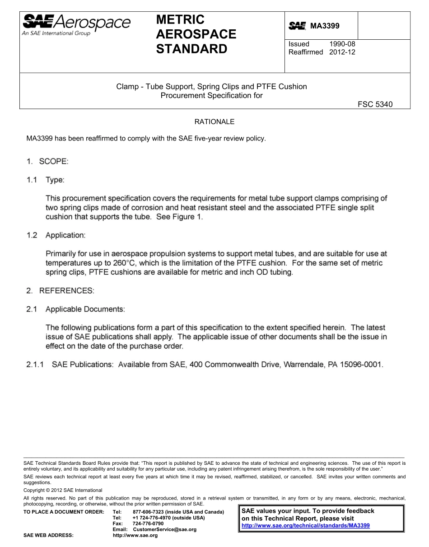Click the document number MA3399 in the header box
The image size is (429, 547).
pyautogui.click(x=324, y=27)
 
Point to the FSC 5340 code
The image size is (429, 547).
pyautogui.click(x=375, y=104)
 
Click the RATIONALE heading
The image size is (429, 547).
pyautogui.click(x=214, y=122)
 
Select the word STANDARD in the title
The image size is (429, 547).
pyautogui.click(x=191, y=49)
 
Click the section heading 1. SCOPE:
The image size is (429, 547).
pyautogui.click(x=47, y=161)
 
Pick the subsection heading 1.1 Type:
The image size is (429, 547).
pyautogui.click(x=45, y=180)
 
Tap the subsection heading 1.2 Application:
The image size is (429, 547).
pyautogui.click(x=56, y=235)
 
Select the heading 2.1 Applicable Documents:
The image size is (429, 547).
pyautogui.click(x=75, y=309)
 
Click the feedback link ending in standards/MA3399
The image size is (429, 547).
pyautogui.click(x=306, y=526)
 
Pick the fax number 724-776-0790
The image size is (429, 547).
pyautogui.click(x=148, y=524)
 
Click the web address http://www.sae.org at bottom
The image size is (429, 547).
pyautogui.click(x=135, y=535)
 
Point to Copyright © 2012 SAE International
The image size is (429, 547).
pyautogui.click(x=63, y=490)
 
